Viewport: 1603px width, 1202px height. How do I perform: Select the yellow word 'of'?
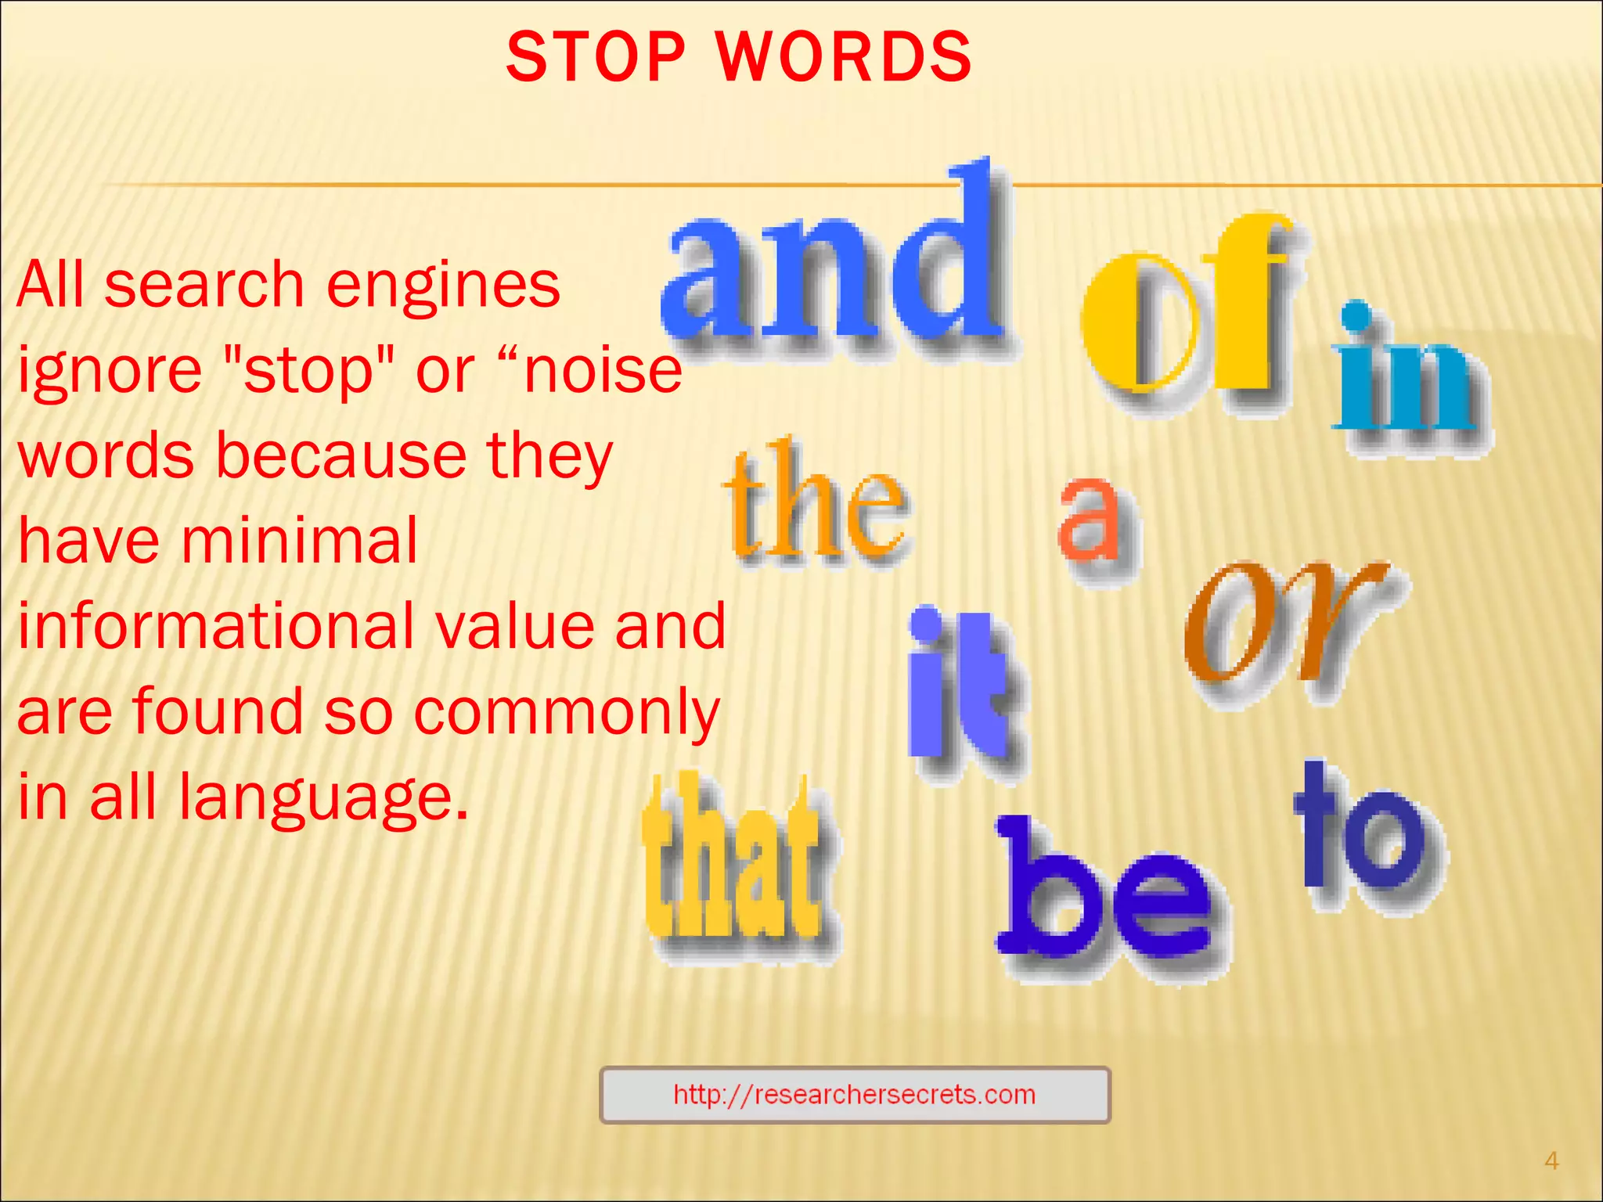[1186, 313]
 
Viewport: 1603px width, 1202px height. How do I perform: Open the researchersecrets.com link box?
[854, 1094]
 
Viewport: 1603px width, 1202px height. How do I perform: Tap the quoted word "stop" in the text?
[308, 371]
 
